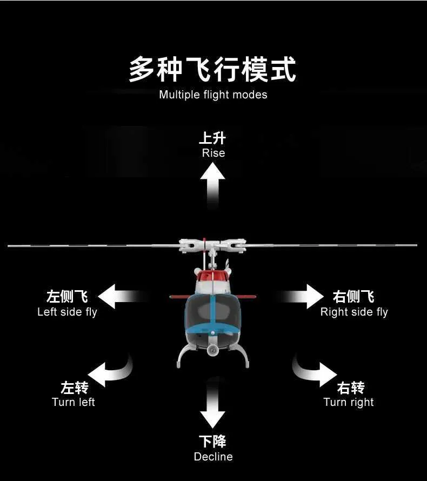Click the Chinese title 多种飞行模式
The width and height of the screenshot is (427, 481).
[x=212, y=69]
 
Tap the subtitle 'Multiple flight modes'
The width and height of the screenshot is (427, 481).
[x=213, y=95]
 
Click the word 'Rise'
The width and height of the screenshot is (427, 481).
[x=213, y=153]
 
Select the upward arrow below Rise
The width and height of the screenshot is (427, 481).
[x=212, y=185]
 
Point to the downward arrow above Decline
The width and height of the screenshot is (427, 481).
[x=212, y=403]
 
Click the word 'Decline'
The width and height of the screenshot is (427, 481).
[x=213, y=457]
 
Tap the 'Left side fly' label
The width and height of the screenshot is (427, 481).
[x=67, y=312]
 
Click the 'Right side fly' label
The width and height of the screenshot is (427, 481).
[x=354, y=312]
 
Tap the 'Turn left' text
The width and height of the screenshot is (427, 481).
[x=74, y=402]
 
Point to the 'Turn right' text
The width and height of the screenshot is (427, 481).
[x=349, y=403]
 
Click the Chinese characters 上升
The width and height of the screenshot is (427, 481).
[x=212, y=138]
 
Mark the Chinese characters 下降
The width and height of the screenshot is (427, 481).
[x=212, y=442]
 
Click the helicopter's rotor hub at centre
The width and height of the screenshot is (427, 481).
[x=212, y=245]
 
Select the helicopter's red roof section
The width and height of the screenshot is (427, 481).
[x=212, y=276]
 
